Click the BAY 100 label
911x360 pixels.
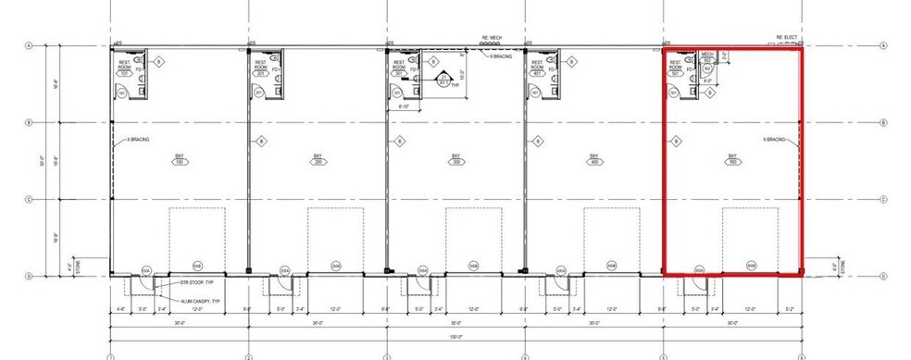pyautogui.click(x=179, y=159)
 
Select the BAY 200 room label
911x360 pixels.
pyautogui.click(x=318, y=159)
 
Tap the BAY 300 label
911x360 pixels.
pyautogui.click(x=455, y=159)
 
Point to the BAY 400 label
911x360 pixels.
pyautogui.click(x=593, y=159)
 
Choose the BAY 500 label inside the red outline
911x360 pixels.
pyautogui.click(x=732, y=159)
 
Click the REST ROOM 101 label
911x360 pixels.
pyautogui.click(x=123, y=66)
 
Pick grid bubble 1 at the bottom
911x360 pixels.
pyautogui.click(x=110, y=356)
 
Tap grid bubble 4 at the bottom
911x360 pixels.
pyautogui.click(x=525, y=356)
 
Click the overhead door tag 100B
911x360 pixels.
pyautogui.click(x=195, y=267)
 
